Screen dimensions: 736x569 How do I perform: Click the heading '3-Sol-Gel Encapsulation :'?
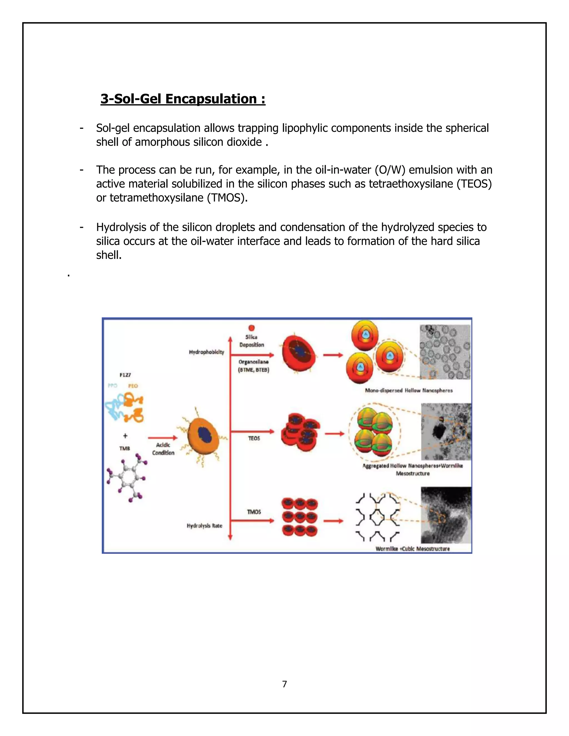183,99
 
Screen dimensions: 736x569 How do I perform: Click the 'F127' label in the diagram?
125,375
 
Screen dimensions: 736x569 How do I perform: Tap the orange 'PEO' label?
133,386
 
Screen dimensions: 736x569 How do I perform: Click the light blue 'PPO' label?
113,385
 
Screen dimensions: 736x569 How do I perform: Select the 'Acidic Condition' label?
163,449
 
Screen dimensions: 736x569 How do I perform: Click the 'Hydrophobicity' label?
206,352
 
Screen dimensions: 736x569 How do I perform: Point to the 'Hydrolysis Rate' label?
204,526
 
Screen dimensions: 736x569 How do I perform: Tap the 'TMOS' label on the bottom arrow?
254,512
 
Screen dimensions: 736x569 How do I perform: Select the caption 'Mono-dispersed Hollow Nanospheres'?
408,390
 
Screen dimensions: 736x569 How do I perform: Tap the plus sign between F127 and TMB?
125,436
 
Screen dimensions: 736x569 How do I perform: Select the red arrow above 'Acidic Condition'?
163,438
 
